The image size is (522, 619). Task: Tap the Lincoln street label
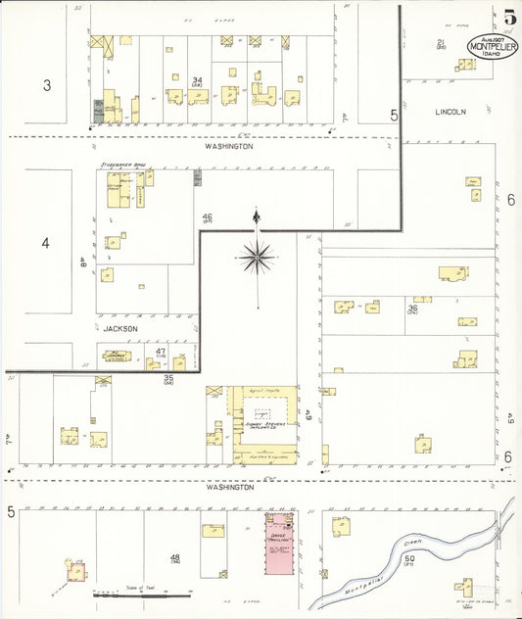pos(451,112)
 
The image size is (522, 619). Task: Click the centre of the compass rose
pos(257,258)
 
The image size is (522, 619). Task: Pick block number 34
pos(198,80)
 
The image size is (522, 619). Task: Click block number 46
pos(207,216)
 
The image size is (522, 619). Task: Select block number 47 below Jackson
pos(160,350)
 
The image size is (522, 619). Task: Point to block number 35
pos(168,378)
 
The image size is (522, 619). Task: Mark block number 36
pos(412,309)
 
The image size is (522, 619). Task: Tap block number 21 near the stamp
pos(441,42)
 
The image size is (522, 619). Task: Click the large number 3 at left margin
pos(46,85)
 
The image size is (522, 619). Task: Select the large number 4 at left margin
pos(45,242)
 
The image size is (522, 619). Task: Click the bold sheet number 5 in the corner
pos(510,17)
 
